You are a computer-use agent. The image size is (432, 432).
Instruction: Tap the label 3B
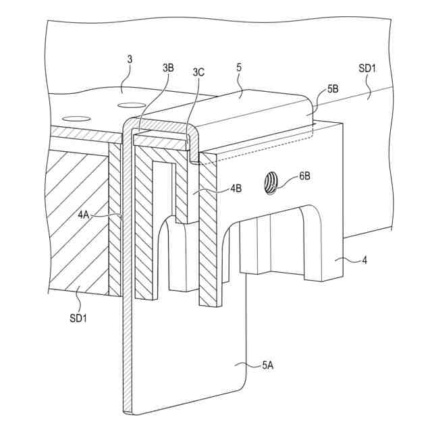click(168, 67)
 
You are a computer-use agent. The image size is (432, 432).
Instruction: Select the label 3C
click(198, 72)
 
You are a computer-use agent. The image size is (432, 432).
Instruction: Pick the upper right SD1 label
click(368, 68)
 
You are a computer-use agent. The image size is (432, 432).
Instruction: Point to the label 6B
click(306, 178)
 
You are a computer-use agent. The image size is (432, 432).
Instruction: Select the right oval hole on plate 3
click(131, 105)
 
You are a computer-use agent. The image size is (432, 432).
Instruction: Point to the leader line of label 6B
click(288, 179)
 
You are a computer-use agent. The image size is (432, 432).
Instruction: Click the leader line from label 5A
click(249, 366)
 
